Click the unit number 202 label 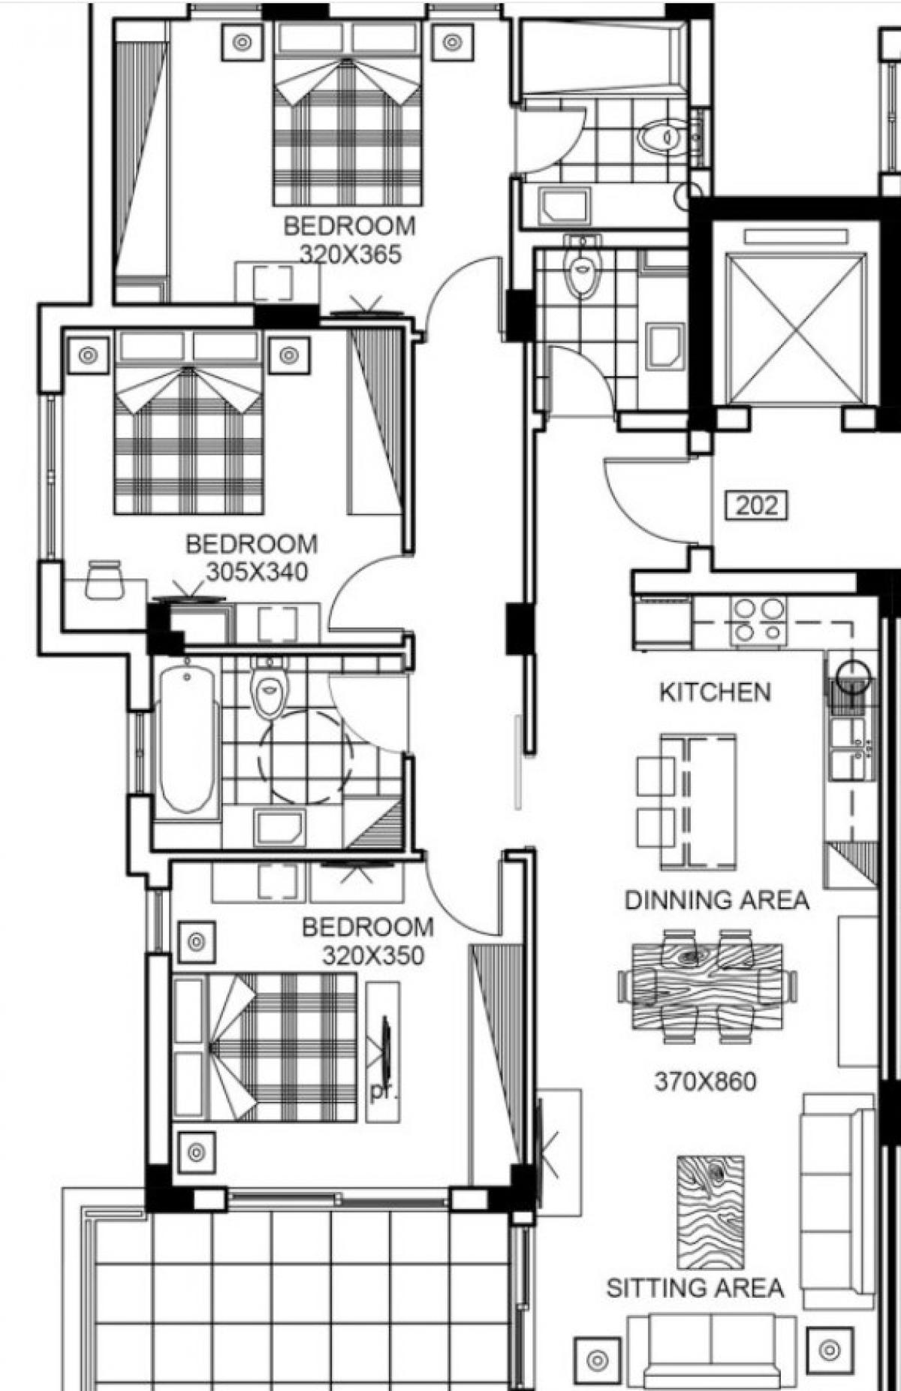coord(756,505)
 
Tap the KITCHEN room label coord(715,692)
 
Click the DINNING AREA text coord(717,899)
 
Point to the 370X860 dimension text coord(705,1082)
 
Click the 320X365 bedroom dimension coord(351,254)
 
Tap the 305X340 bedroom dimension coord(257,572)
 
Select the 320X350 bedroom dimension coord(373,955)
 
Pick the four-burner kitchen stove coord(759,622)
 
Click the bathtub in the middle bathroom coord(187,740)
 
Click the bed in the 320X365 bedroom coord(348,113)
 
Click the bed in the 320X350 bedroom coord(264,1047)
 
